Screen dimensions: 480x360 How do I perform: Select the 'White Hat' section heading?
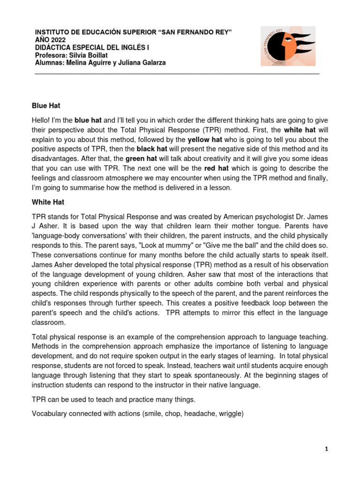[48, 202]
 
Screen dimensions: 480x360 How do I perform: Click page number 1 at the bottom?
[327, 449]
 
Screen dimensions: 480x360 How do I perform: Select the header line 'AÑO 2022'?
[51, 39]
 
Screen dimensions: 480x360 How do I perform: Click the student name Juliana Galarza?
[146, 63]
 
